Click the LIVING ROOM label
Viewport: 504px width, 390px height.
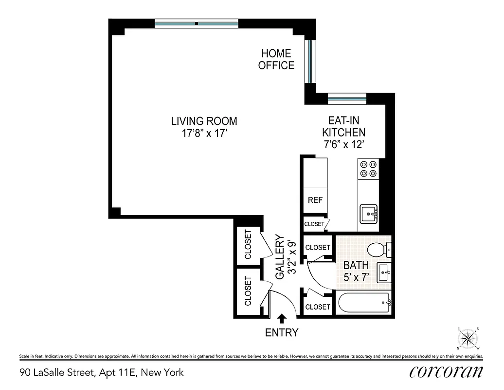pyautogui.click(x=204, y=121)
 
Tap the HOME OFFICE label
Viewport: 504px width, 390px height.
pyautogui.click(x=276, y=59)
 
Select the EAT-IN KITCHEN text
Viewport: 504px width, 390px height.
pyautogui.click(x=344, y=126)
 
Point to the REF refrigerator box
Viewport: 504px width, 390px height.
pyautogui.click(x=315, y=200)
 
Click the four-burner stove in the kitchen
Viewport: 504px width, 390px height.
pyautogui.click(x=368, y=169)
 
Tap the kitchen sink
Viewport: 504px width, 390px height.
pyautogui.click(x=369, y=213)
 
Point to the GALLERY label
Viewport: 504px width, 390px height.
pyautogui.click(x=286, y=257)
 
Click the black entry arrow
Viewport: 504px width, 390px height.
pyautogui.click(x=281, y=319)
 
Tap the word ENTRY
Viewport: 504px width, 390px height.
pyautogui.click(x=281, y=333)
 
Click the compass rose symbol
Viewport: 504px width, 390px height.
pyautogui.click(x=468, y=338)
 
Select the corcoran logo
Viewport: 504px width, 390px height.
pyautogui.click(x=446, y=372)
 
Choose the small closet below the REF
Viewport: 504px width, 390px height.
pyautogui.click(x=315, y=224)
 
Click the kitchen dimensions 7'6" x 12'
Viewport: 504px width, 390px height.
pyautogui.click(x=344, y=145)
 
